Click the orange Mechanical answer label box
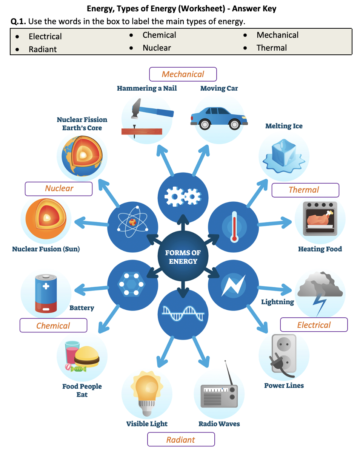pyautogui.click(x=183, y=74)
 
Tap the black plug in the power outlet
pyautogui.click(x=277, y=366)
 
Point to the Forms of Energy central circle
pyautogui.click(x=183, y=257)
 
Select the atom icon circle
pyautogui.click(x=132, y=226)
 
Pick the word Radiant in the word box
pyautogui.click(x=43, y=49)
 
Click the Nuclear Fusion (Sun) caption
pyautogui.click(x=46, y=249)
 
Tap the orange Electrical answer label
pyautogui.click(x=314, y=325)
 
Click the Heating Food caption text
pyautogui.click(x=320, y=249)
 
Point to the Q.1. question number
pyautogui.click(x=18, y=22)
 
